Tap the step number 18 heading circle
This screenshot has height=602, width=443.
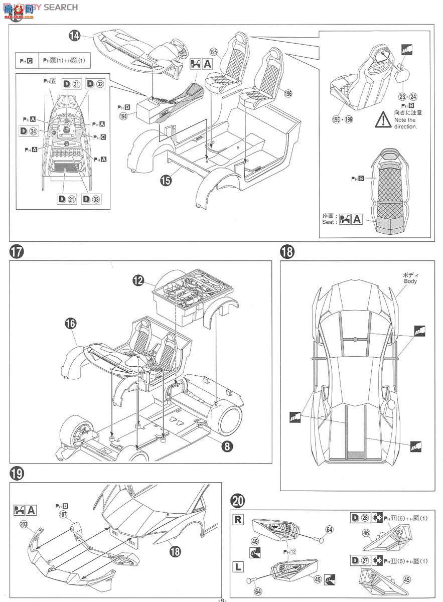point(287,252)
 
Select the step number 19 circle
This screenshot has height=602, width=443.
point(17,473)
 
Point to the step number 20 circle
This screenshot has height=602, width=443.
point(238,501)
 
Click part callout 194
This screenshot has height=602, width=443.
point(123,116)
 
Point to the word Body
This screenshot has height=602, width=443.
point(410,281)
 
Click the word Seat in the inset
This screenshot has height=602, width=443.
point(330,222)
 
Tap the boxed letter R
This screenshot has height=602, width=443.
point(238,520)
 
